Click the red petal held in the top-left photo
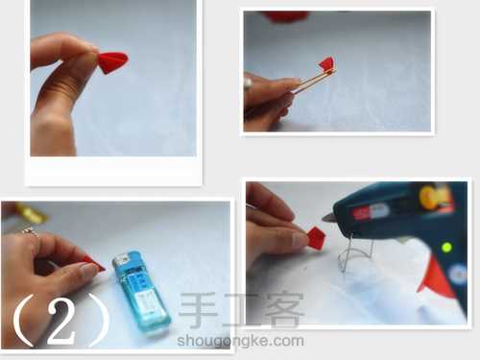pyautogui.click(x=113, y=62)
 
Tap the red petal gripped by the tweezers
pyautogui.click(x=326, y=63)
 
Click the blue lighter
pyautogui.click(x=140, y=292)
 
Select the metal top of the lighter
pyautogui.click(x=122, y=260)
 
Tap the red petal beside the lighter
pyautogui.click(x=94, y=263)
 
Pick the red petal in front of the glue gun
pyautogui.click(x=316, y=238)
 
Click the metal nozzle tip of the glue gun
pyautogui.click(x=327, y=218)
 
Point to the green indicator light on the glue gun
pyautogui.click(x=446, y=248)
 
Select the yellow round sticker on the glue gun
pyautogui.click(x=429, y=197)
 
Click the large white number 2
pyautogui.click(x=61, y=321)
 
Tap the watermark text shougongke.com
pyautogui.click(x=240, y=341)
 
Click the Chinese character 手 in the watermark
pyautogui.click(x=198, y=310)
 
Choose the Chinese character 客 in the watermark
pyautogui.click(x=284, y=310)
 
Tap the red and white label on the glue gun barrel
pyautogui.click(x=371, y=212)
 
